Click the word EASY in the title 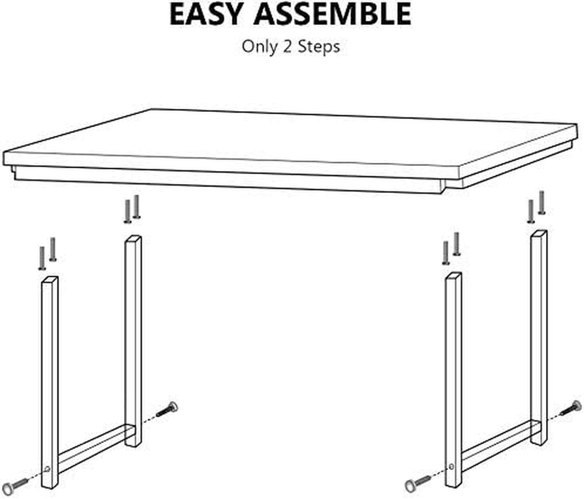pyautogui.click(x=206, y=14)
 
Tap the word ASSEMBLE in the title pyautogui.click(x=332, y=14)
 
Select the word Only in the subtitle pyautogui.click(x=260, y=47)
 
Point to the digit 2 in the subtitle pyautogui.click(x=288, y=47)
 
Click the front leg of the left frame pyautogui.click(x=50, y=382)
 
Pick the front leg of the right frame pyautogui.click(x=453, y=380)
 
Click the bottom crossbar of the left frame pyautogui.click(x=96, y=449)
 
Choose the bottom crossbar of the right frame pyautogui.click(x=500, y=446)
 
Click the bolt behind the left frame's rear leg pyautogui.click(x=167, y=409)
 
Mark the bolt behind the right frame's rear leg pyautogui.click(x=571, y=408)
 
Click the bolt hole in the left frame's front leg pyautogui.click(x=47, y=469)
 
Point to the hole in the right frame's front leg pyautogui.click(x=451, y=466)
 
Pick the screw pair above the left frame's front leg pyautogui.click(x=47, y=254)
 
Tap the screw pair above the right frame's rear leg pyautogui.click(x=537, y=207)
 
